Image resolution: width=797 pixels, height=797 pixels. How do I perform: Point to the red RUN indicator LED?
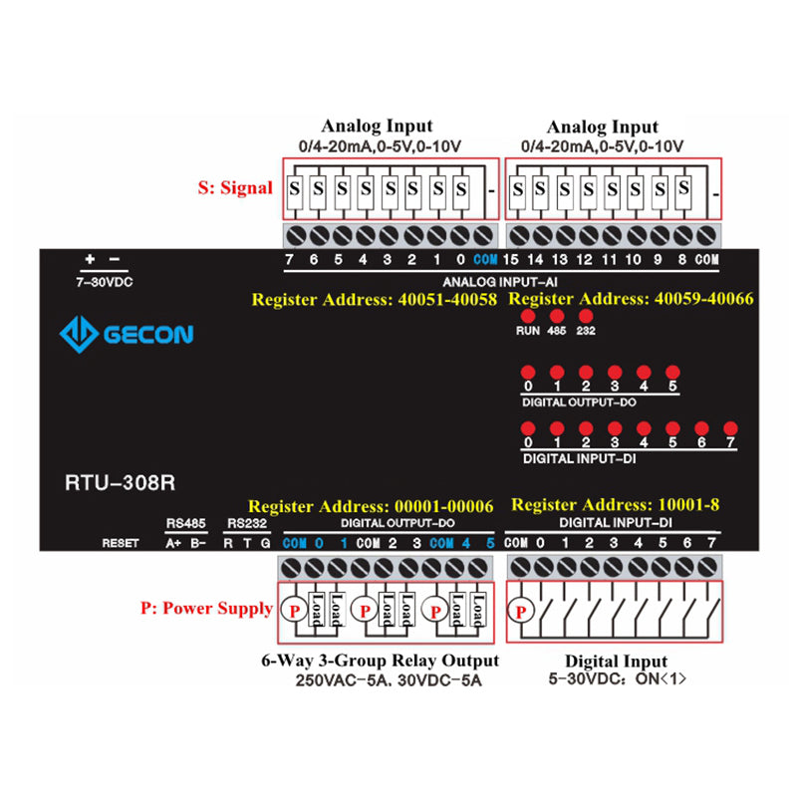527,316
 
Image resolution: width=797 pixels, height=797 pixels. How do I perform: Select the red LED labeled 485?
556,316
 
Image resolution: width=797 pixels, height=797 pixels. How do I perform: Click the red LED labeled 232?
586,316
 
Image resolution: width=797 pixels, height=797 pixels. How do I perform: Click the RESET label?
121,543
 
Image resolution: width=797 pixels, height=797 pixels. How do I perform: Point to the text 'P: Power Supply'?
206,609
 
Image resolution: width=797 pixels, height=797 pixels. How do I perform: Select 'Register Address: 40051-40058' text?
374,299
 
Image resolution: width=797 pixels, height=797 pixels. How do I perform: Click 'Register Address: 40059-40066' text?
632,299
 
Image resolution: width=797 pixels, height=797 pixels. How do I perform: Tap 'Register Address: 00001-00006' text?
371,506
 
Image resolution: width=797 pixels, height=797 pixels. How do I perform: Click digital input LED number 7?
730,426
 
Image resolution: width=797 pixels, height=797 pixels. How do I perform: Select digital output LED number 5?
672,371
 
